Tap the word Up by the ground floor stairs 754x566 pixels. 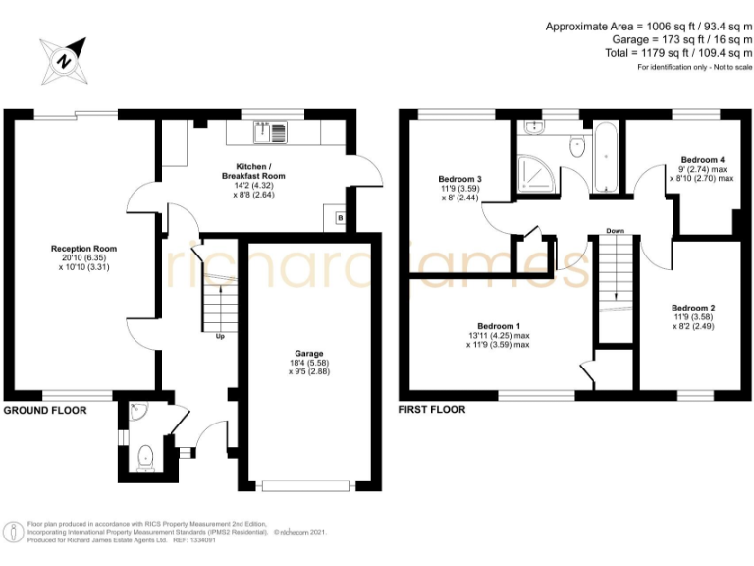pos(220,337)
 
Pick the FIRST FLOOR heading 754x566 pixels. pos(432,410)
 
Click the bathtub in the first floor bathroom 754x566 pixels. pos(605,157)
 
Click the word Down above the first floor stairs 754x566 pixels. pos(615,231)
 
